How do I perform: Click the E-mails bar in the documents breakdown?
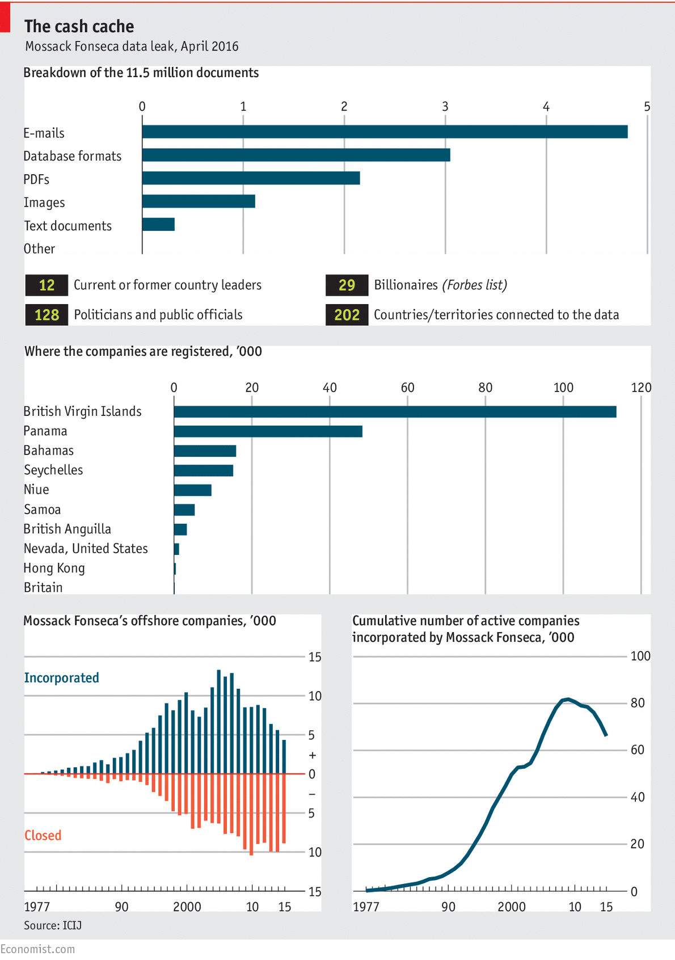[x=385, y=132]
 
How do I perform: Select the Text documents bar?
[x=158, y=225]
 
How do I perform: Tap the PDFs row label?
[x=36, y=179]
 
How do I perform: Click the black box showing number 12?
[x=47, y=285]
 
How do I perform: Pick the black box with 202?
[x=347, y=315]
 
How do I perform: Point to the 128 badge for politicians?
[x=47, y=315]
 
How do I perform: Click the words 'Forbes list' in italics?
[x=474, y=285]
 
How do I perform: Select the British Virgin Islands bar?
[x=395, y=412]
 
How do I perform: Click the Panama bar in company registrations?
[x=268, y=431]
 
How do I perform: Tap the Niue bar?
[x=193, y=490]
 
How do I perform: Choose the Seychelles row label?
[x=53, y=470]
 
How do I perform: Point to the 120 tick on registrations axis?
[x=641, y=388]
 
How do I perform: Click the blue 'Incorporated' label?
[x=61, y=678]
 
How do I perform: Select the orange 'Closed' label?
[x=43, y=835]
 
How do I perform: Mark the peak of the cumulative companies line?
[x=568, y=699]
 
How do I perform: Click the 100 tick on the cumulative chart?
[x=640, y=656]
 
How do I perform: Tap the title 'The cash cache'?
[x=79, y=26]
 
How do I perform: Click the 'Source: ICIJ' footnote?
[x=53, y=925]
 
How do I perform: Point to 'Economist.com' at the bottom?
[x=37, y=949]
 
